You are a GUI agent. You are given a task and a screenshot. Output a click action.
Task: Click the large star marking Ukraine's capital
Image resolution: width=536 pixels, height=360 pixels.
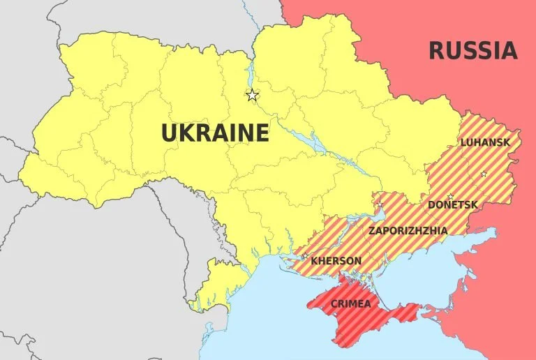click(252, 95)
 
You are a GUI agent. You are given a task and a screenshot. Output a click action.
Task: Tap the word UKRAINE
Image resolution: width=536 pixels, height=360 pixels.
click(215, 133)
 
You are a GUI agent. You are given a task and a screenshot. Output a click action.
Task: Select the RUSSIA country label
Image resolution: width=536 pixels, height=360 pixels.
click(472, 51)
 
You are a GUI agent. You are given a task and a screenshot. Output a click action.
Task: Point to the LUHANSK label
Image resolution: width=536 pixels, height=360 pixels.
click(485, 142)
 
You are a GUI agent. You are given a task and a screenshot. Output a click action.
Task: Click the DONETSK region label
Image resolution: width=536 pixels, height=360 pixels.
click(453, 205)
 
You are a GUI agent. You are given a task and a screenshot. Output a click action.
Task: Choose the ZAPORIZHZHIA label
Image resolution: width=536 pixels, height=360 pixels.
click(408, 230)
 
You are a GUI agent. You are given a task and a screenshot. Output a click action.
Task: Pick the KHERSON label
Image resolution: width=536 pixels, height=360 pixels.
click(336, 261)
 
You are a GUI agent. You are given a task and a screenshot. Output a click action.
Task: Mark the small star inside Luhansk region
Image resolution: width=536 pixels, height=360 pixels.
click(484, 174)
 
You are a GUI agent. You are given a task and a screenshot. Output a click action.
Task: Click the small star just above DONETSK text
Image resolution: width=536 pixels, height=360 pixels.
click(450, 196)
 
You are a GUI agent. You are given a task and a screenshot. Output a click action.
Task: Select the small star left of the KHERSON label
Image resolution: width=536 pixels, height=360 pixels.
click(305, 256)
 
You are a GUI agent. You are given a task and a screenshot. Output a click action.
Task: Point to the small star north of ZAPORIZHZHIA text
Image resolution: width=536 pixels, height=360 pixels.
click(380, 204)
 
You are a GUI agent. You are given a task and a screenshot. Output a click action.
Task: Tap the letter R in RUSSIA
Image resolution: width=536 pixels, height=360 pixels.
click(435, 51)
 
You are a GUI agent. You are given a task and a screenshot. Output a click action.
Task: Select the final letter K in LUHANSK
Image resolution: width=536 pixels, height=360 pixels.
click(507, 142)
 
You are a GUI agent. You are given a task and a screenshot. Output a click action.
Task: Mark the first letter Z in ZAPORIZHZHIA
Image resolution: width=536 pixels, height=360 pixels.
click(372, 230)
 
